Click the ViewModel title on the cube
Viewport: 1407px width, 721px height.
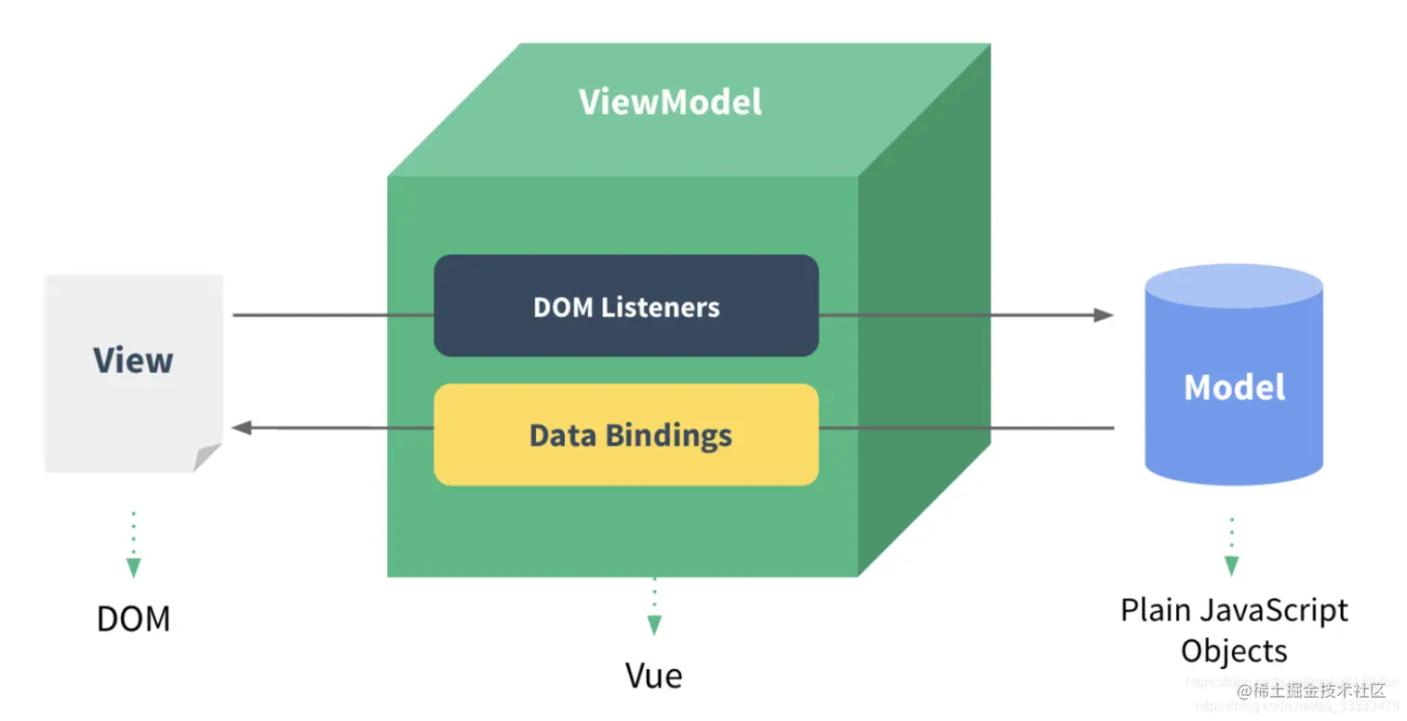[670, 101]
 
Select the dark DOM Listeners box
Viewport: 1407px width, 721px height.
[625, 306]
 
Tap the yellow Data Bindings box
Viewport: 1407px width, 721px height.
[625, 434]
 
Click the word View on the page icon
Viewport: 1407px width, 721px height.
[133, 360]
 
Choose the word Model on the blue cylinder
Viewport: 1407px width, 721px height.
[1234, 387]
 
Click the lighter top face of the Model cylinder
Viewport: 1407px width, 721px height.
[1234, 287]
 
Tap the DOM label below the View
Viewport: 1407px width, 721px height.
[133, 619]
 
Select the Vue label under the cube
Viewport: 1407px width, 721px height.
[653, 675]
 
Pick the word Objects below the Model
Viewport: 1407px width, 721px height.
[1234, 650]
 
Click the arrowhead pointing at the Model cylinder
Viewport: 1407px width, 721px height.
[1104, 315]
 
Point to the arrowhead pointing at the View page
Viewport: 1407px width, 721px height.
[242, 427]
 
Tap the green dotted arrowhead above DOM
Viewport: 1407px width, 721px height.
[133, 567]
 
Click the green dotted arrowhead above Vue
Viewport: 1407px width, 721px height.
[654, 624]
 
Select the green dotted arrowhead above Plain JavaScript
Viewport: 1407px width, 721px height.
[1231, 565]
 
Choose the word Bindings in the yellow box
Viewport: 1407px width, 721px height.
[668, 435]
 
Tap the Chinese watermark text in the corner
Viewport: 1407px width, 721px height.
[1318, 690]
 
